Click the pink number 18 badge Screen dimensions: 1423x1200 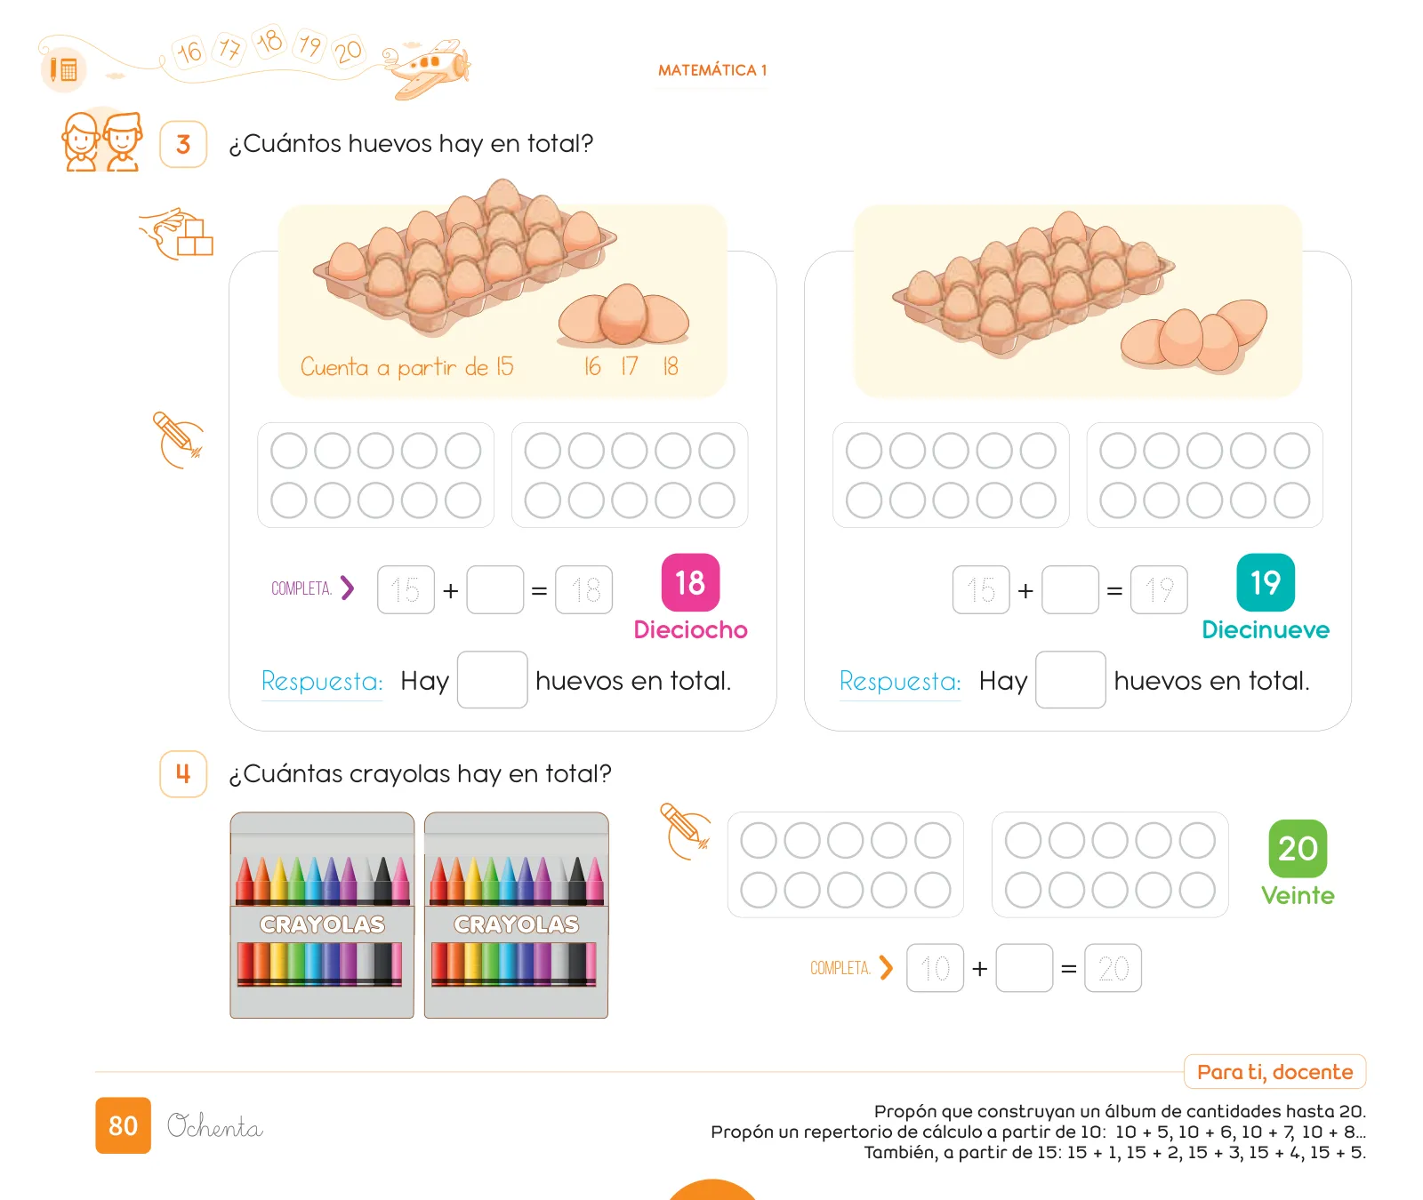[x=690, y=582]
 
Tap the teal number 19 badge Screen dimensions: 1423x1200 [x=1266, y=582]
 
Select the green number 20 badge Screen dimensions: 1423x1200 [x=1298, y=848]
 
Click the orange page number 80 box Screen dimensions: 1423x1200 [x=123, y=1125]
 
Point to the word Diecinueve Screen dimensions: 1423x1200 [x=1266, y=629]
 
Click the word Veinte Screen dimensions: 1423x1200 [x=1298, y=895]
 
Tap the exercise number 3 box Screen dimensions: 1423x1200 [x=183, y=144]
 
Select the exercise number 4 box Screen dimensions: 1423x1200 [x=183, y=773]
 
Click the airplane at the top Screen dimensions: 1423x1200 [x=429, y=68]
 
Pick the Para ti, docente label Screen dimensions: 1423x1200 [x=1274, y=1071]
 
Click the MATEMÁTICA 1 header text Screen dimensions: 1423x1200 [x=712, y=70]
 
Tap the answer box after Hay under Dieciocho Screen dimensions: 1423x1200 [x=493, y=680]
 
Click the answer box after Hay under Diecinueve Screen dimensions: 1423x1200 [x=1071, y=680]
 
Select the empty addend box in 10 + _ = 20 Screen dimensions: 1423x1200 [x=1025, y=968]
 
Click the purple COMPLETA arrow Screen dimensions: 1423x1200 [x=348, y=588]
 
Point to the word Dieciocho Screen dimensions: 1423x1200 [x=690, y=629]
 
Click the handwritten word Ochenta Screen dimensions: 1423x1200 [x=214, y=1126]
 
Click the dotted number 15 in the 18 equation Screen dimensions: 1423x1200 [x=406, y=589]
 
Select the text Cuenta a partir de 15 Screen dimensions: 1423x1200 [x=406, y=366]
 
